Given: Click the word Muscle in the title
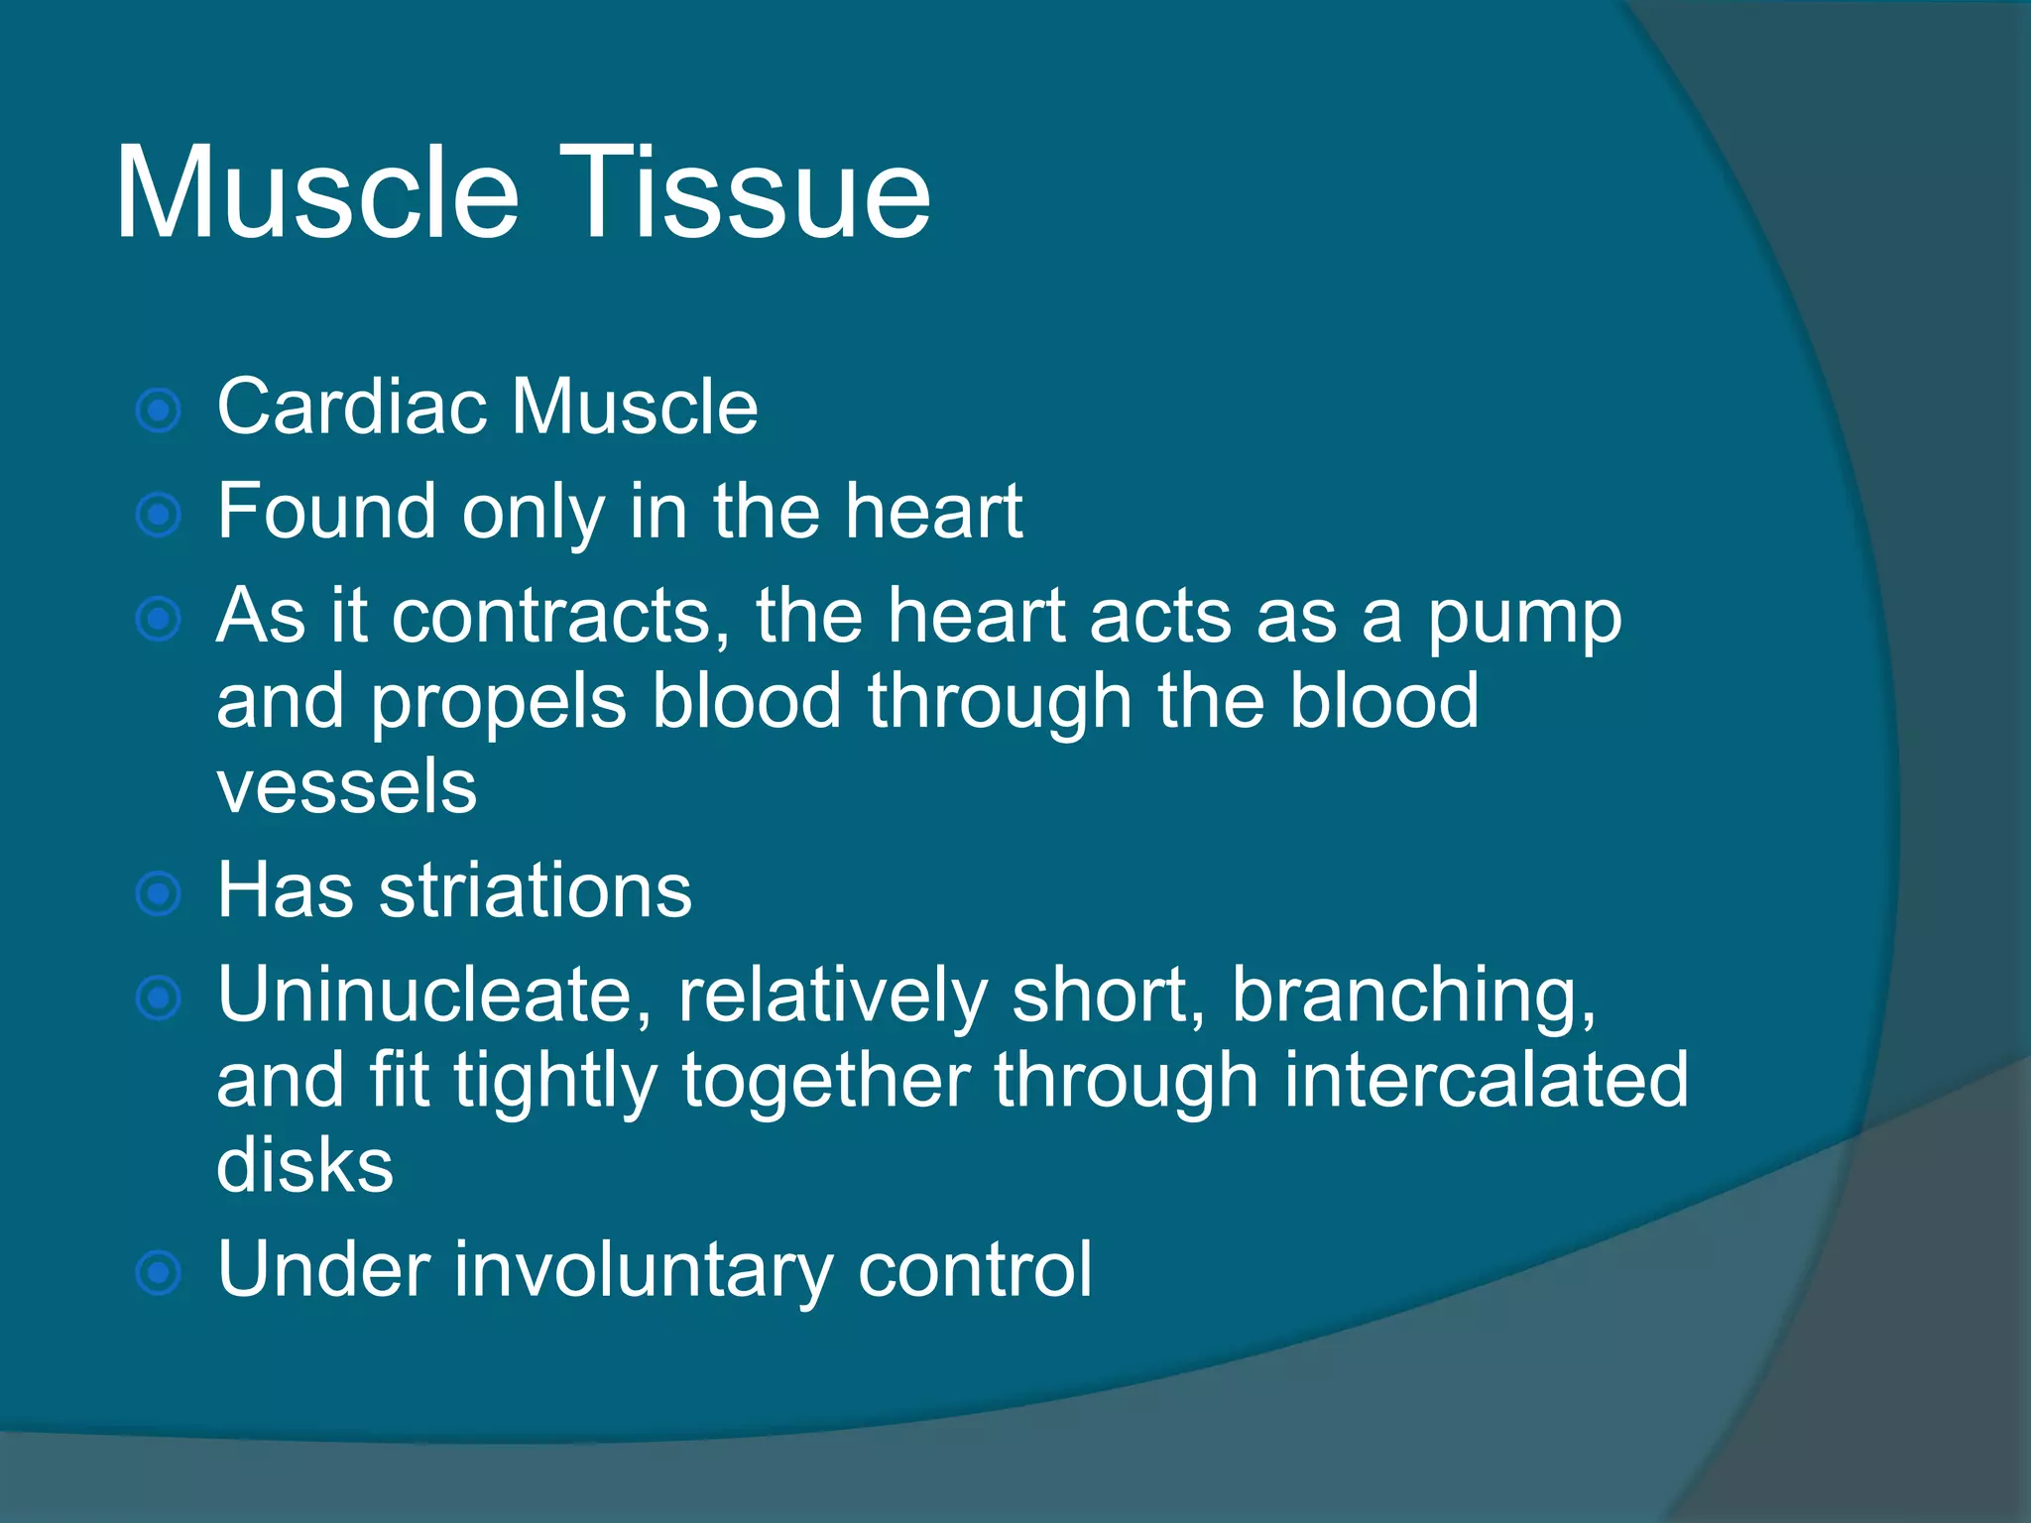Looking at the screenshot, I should pos(317,193).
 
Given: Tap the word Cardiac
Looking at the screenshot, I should pos(351,408).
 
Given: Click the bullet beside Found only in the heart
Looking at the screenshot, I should pos(159,515).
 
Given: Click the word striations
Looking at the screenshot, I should pos(536,891).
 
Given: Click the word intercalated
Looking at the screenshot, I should pos(1486,1081).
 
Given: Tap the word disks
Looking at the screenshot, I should pos(304,1166).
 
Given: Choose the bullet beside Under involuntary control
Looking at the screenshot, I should pos(159,1273).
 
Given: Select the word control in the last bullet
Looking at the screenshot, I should pos(974,1270).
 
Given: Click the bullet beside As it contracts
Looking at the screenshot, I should pos(159,620).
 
